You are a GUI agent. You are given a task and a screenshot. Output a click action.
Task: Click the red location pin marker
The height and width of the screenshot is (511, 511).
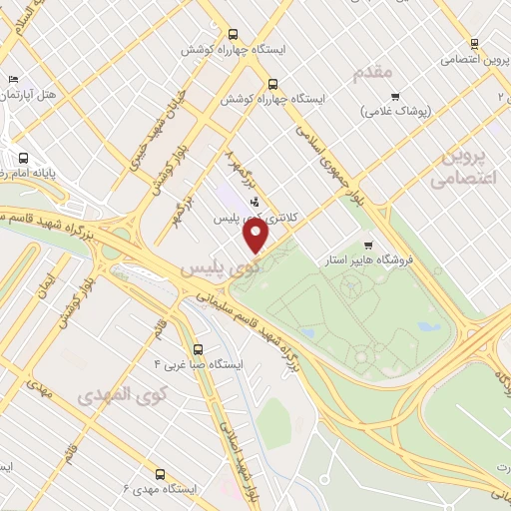click(256, 237)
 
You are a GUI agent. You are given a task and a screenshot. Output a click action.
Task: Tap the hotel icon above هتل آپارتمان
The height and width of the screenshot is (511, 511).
click(12, 80)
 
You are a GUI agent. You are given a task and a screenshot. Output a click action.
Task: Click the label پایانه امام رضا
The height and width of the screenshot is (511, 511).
click(30, 172)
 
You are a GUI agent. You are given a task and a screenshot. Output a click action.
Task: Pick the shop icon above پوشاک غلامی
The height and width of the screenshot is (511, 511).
click(396, 98)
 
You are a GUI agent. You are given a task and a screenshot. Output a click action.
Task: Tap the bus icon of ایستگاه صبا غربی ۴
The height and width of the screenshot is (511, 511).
click(198, 349)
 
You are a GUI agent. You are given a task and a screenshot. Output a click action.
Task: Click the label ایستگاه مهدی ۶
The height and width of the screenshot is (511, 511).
click(162, 488)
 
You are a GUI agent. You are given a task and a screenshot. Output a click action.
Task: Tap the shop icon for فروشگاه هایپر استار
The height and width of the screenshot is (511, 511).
click(368, 246)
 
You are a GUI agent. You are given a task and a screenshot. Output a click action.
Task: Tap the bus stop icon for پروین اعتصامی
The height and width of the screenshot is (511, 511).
click(475, 44)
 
